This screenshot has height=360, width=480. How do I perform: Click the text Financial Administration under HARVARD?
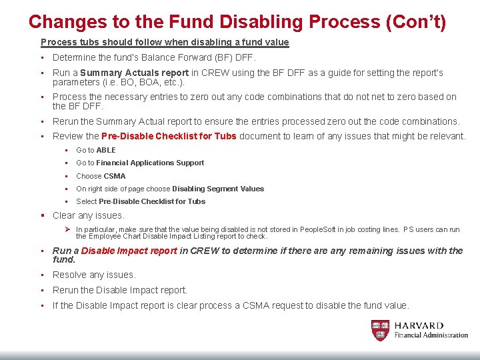click(431, 335)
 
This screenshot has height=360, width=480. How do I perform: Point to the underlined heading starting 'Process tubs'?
click(165, 42)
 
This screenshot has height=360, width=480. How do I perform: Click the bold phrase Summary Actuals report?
click(135, 73)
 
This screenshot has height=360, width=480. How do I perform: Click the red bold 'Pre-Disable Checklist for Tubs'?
click(169, 136)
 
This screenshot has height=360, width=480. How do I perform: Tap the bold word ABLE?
click(105, 150)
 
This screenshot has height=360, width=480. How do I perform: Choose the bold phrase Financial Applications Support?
click(150, 163)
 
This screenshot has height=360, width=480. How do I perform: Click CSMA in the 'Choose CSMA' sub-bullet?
click(114, 176)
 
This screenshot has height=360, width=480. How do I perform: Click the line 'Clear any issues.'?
click(89, 215)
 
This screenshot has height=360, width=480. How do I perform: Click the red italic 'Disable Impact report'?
click(129, 251)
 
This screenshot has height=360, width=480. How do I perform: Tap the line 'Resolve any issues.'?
click(94, 275)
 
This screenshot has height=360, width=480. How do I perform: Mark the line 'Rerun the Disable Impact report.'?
click(120, 290)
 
